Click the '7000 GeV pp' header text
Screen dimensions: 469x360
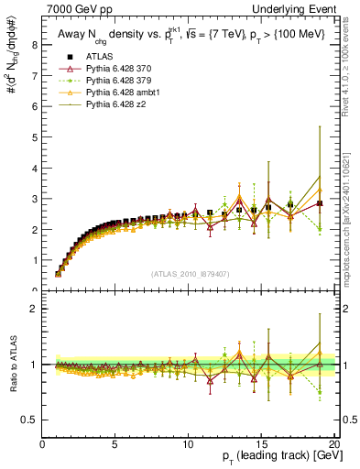click(71, 8)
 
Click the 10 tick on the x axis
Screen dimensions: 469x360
click(188, 444)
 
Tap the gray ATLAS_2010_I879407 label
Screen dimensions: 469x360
click(189, 275)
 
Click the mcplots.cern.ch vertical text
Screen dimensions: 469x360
click(350, 229)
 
